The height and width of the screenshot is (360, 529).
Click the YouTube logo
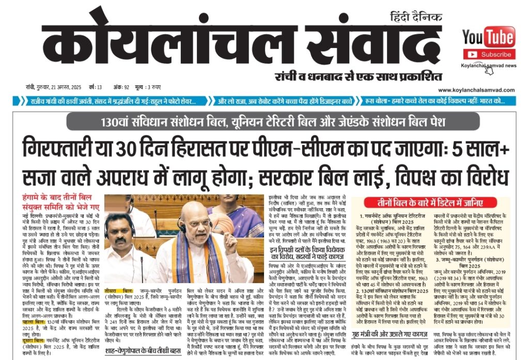(488, 37)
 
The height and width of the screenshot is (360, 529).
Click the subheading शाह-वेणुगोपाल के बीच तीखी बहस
(146, 353)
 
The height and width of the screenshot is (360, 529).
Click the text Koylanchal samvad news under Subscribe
(489, 66)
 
